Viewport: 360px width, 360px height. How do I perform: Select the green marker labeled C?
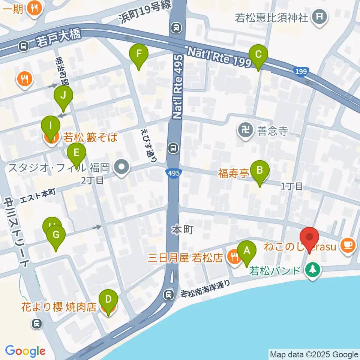point(258,55)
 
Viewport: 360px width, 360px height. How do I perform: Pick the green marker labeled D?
point(108,301)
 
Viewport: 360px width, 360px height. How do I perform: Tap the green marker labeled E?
point(76,154)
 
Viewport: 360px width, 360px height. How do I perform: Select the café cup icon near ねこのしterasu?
point(346,245)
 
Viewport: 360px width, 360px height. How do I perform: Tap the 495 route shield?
point(173,173)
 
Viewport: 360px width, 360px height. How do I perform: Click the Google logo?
point(25,351)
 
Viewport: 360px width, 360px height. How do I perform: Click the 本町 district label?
point(183,229)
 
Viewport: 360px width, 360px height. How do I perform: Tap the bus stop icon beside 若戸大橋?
point(24,46)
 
